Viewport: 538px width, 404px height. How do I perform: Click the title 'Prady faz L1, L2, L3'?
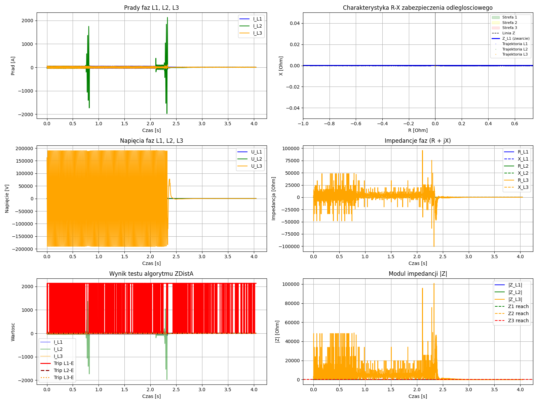click(x=151, y=8)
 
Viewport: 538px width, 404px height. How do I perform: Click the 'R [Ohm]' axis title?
click(x=418, y=130)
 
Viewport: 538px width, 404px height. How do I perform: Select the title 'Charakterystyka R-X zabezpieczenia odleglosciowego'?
click(x=418, y=8)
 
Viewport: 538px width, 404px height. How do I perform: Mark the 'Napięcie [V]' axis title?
click(x=7, y=199)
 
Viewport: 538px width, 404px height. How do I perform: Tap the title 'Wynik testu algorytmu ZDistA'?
click(x=151, y=274)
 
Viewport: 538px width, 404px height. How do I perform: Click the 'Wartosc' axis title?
click(x=13, y=332)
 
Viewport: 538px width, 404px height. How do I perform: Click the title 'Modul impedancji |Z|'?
click(x=418, y=274)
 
